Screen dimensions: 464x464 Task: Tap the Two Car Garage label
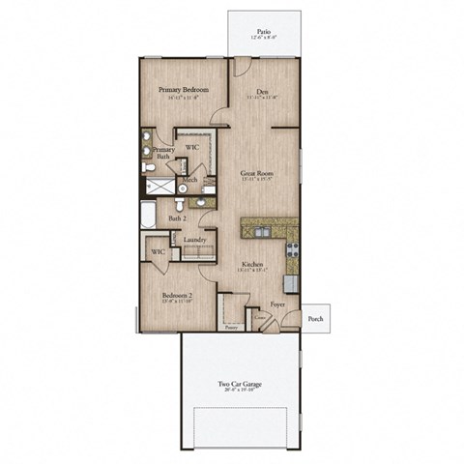click(x=239, y=384)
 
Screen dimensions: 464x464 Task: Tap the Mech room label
click(x=190, y=180)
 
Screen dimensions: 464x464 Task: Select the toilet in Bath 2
click(x=180, y=204)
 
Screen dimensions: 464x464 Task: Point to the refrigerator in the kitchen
click(x=290, y=283)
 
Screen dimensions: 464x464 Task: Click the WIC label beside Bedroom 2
click(x=158, y=253)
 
